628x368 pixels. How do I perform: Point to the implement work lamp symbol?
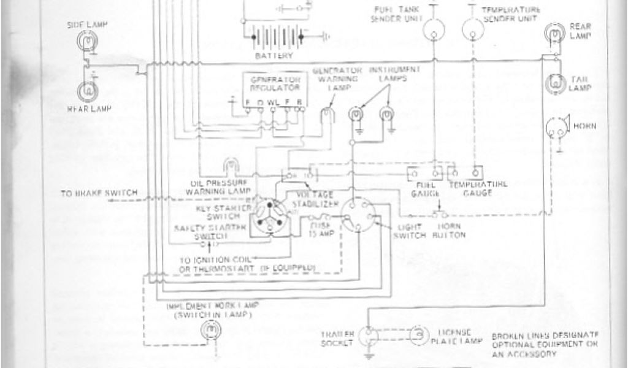point(210,330)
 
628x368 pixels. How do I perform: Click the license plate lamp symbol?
point(418,332)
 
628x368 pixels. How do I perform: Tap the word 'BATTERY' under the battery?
point(274,56)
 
